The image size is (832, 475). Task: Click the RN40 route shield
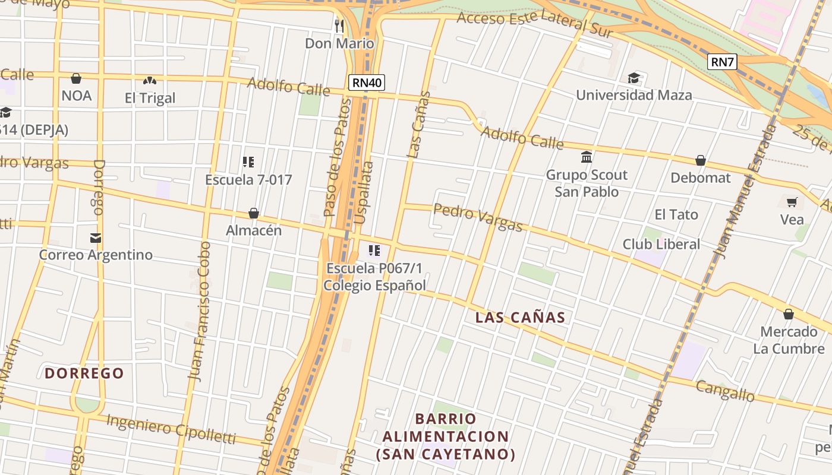click(x=367, y=83)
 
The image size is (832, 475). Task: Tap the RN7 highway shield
click(x=722, y=62)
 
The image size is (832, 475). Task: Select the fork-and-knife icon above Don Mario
click(x=339, y=26)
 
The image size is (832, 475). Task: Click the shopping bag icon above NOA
click(x=76, y=78)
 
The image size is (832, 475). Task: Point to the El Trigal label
click(x=150, y=98)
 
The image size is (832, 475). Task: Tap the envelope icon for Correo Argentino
click(x=95, y=238)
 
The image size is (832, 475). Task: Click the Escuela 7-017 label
click(x=248, y=179)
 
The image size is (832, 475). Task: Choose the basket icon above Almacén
click(x=254, y=213)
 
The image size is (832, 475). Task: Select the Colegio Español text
click(x=374, y=285)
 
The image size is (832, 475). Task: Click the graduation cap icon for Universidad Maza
click(x=634, y=78)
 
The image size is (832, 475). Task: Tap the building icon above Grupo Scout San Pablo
click(x=587, y=157)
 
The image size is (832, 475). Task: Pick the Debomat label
click(x=700, y=178)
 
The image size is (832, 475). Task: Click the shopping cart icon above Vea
click(x=792, y=202)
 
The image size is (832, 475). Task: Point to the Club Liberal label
click(x=661, y=244)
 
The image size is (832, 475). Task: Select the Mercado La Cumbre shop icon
click(x=789, y=314)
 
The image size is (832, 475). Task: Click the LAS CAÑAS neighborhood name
click(x=520, y=317)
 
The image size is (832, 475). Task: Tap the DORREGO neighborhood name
click(x=84, y=373)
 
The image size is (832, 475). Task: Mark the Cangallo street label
click(x=725, y=391)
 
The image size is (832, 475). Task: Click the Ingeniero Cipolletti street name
click(x=171, y=429)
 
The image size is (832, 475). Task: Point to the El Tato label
click(x=676, y=214)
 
